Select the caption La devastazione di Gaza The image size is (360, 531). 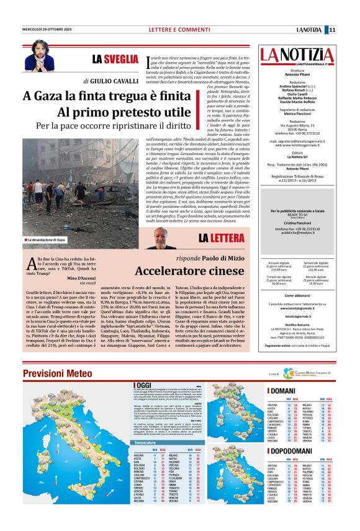(x=45, y=239)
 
